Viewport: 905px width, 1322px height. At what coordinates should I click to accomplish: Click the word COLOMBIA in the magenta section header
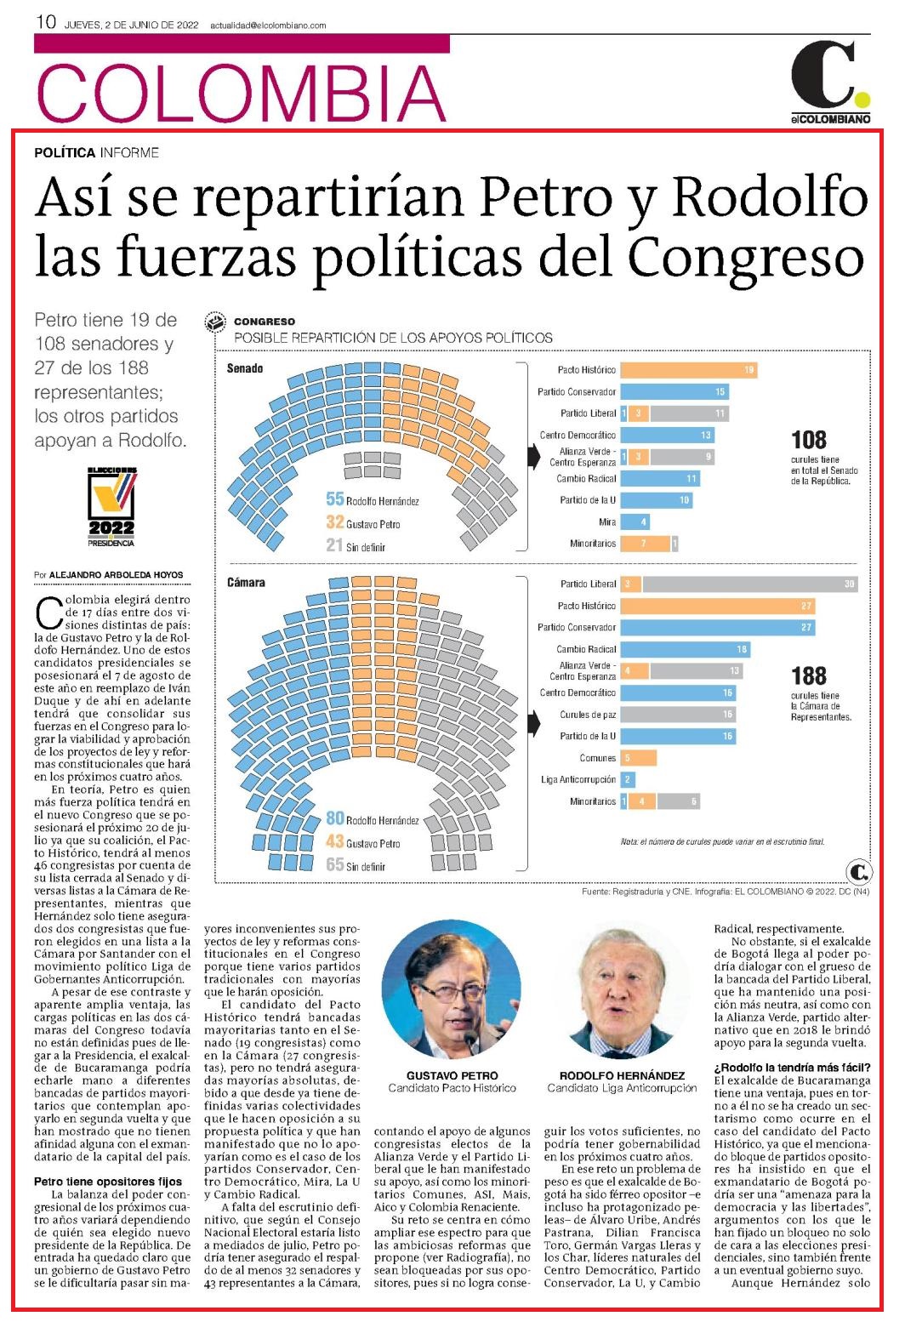tap(242, 94)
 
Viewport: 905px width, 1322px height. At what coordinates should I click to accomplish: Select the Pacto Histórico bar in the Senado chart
tap(688, 370)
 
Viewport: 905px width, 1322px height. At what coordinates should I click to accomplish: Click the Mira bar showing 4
tap(635, 521)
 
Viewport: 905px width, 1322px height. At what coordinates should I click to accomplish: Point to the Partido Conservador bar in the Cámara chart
tap(717, 627)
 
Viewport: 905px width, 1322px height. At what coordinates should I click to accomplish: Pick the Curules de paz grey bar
tap(678, 714)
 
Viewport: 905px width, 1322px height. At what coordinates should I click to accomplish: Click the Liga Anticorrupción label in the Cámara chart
tap(578, 779)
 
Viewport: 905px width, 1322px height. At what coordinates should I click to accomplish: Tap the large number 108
tap(808, 441)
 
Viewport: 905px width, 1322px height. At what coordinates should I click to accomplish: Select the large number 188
tap(808, 675)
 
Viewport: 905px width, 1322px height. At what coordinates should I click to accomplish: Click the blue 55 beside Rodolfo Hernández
tap(334, 499)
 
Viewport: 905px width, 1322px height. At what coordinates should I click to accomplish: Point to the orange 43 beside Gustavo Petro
tap(334, 841)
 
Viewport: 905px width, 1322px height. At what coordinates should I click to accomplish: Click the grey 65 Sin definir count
tap(334, 864)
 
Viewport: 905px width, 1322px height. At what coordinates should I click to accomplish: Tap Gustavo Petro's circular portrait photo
tap(452, 989)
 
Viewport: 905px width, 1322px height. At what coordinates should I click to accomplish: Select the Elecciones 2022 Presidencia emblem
tap(111, 507)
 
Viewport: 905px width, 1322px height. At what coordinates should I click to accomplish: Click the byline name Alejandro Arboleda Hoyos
tap(117, 575)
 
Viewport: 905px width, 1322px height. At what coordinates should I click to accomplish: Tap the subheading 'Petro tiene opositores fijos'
tap(108, 1182)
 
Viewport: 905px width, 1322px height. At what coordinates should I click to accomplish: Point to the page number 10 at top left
tap(46, 22)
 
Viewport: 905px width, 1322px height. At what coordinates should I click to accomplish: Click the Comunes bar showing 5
tap(638, 758)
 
